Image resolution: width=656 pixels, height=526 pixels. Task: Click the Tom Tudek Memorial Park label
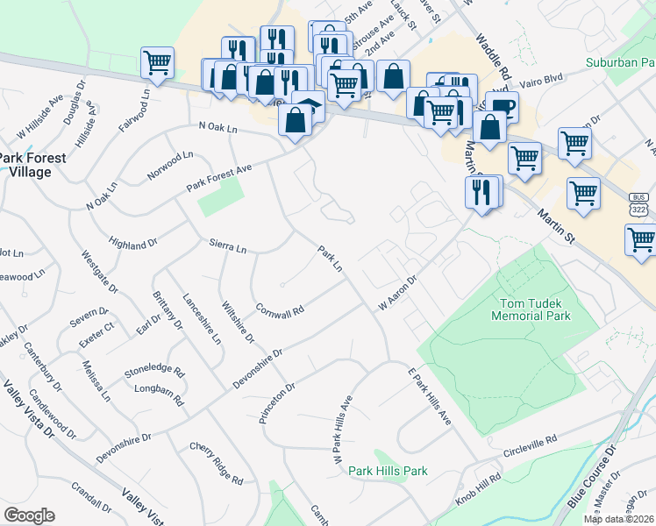tap(535, 309)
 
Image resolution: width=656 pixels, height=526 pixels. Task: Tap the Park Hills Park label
tap(387, 471)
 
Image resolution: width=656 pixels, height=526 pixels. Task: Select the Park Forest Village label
tap(25, 165)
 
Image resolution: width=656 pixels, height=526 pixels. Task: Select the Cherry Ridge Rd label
tap(216, 464)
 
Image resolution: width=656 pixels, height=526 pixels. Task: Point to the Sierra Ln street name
tap(227, 245)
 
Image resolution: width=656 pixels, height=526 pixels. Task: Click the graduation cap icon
tap(308, 105)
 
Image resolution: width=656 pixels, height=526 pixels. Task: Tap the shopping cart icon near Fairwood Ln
tap(158, 62)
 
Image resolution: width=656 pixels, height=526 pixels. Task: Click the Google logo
tap(30, 515)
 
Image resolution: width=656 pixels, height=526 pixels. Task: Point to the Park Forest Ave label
tap(218, 179)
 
